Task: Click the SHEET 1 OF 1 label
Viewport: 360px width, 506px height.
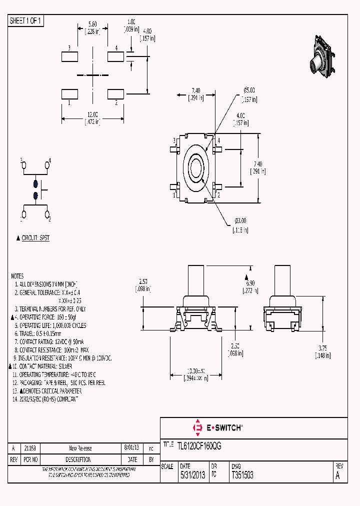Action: tap(26, 20)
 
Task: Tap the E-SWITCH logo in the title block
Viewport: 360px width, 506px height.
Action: tap(217, 427)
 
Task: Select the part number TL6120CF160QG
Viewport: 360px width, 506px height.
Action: tap(198, 444)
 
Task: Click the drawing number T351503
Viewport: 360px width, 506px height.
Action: tap(242, 475)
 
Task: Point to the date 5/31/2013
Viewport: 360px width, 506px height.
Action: tap(192, 475)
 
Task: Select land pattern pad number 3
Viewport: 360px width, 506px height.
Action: tap(69, 56)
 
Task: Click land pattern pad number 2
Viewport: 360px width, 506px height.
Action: tap(116, 93)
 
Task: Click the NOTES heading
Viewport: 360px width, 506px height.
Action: tap(17, 276)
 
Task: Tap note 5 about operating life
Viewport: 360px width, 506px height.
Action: tap(49, 325)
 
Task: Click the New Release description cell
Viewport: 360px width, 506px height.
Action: tap(80, 448)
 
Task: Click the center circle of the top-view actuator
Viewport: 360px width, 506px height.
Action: tap(195, 167)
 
